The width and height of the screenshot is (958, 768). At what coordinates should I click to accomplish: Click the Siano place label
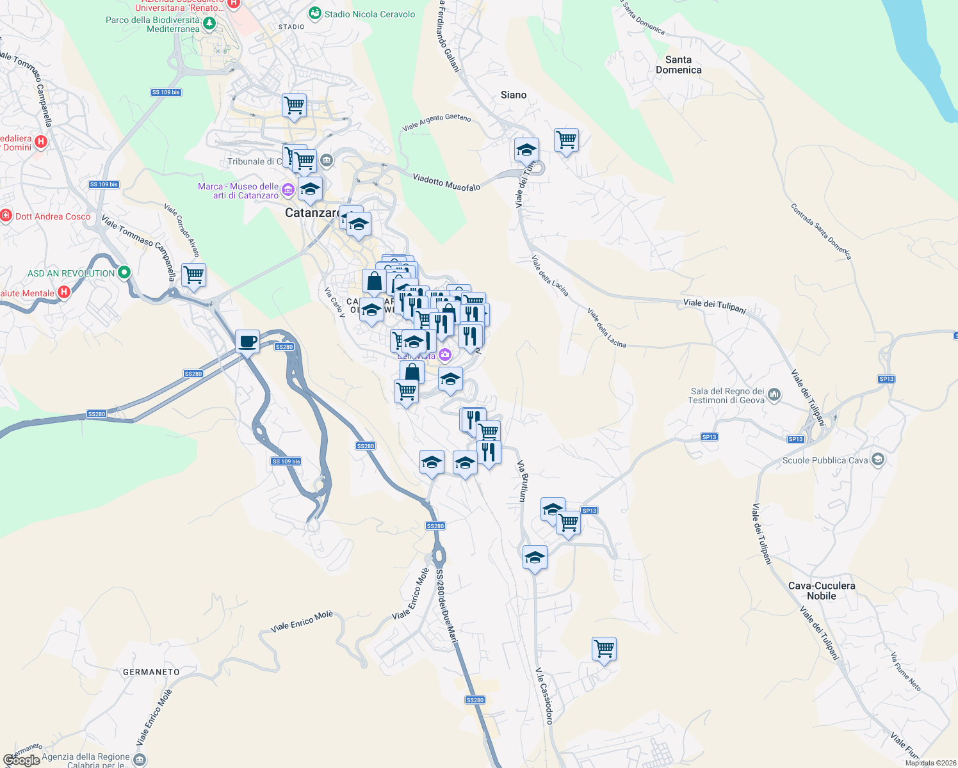[513, 95]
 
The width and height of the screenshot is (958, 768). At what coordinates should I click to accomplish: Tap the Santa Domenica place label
[678, 65]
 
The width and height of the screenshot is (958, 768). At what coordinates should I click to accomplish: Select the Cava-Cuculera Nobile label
[821, 591]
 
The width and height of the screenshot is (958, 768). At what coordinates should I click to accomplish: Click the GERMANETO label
[151, 672]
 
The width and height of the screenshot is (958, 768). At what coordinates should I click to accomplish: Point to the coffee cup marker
[247, 341]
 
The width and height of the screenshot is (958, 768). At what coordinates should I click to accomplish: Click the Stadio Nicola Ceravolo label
[369, 14]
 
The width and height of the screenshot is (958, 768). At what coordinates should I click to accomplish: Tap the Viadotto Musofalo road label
[446, 182]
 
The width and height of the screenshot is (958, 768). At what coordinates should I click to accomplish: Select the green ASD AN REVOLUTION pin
[124, 273]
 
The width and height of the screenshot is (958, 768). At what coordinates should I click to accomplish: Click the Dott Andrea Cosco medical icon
[6, 216]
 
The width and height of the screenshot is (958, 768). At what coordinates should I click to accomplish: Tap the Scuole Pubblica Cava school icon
[877, 460]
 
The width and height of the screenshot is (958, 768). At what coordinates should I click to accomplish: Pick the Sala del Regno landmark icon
[774, 395]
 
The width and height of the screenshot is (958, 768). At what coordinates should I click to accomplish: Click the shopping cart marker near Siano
[567, 140]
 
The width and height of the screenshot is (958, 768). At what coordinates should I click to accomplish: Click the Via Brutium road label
[522, 481]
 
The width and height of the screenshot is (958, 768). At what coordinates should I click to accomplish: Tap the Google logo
[22, 760]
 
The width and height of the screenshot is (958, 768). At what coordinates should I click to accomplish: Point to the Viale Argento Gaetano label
[436, 122]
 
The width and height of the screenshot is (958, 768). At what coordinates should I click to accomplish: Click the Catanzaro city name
[312, 213]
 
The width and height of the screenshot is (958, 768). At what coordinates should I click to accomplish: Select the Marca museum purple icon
[288, 189]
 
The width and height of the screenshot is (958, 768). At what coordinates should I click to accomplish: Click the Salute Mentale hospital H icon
[63, 292]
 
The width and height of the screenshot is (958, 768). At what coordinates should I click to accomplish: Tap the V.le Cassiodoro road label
[544, 696]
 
